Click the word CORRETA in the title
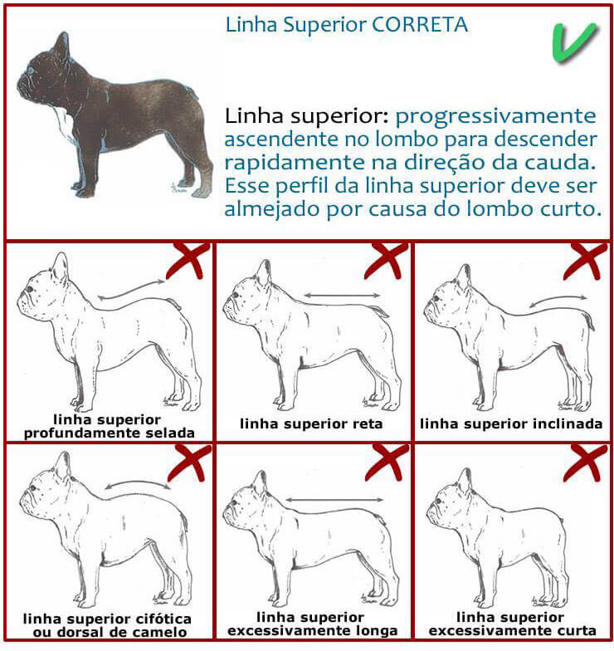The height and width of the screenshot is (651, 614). click(x=420, y=25)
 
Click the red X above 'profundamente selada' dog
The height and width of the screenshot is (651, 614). click(x=188, y=260)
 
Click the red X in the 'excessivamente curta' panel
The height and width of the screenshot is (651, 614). click(x=585, y=463)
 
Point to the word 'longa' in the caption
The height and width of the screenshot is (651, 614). click(x=378, y=630)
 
